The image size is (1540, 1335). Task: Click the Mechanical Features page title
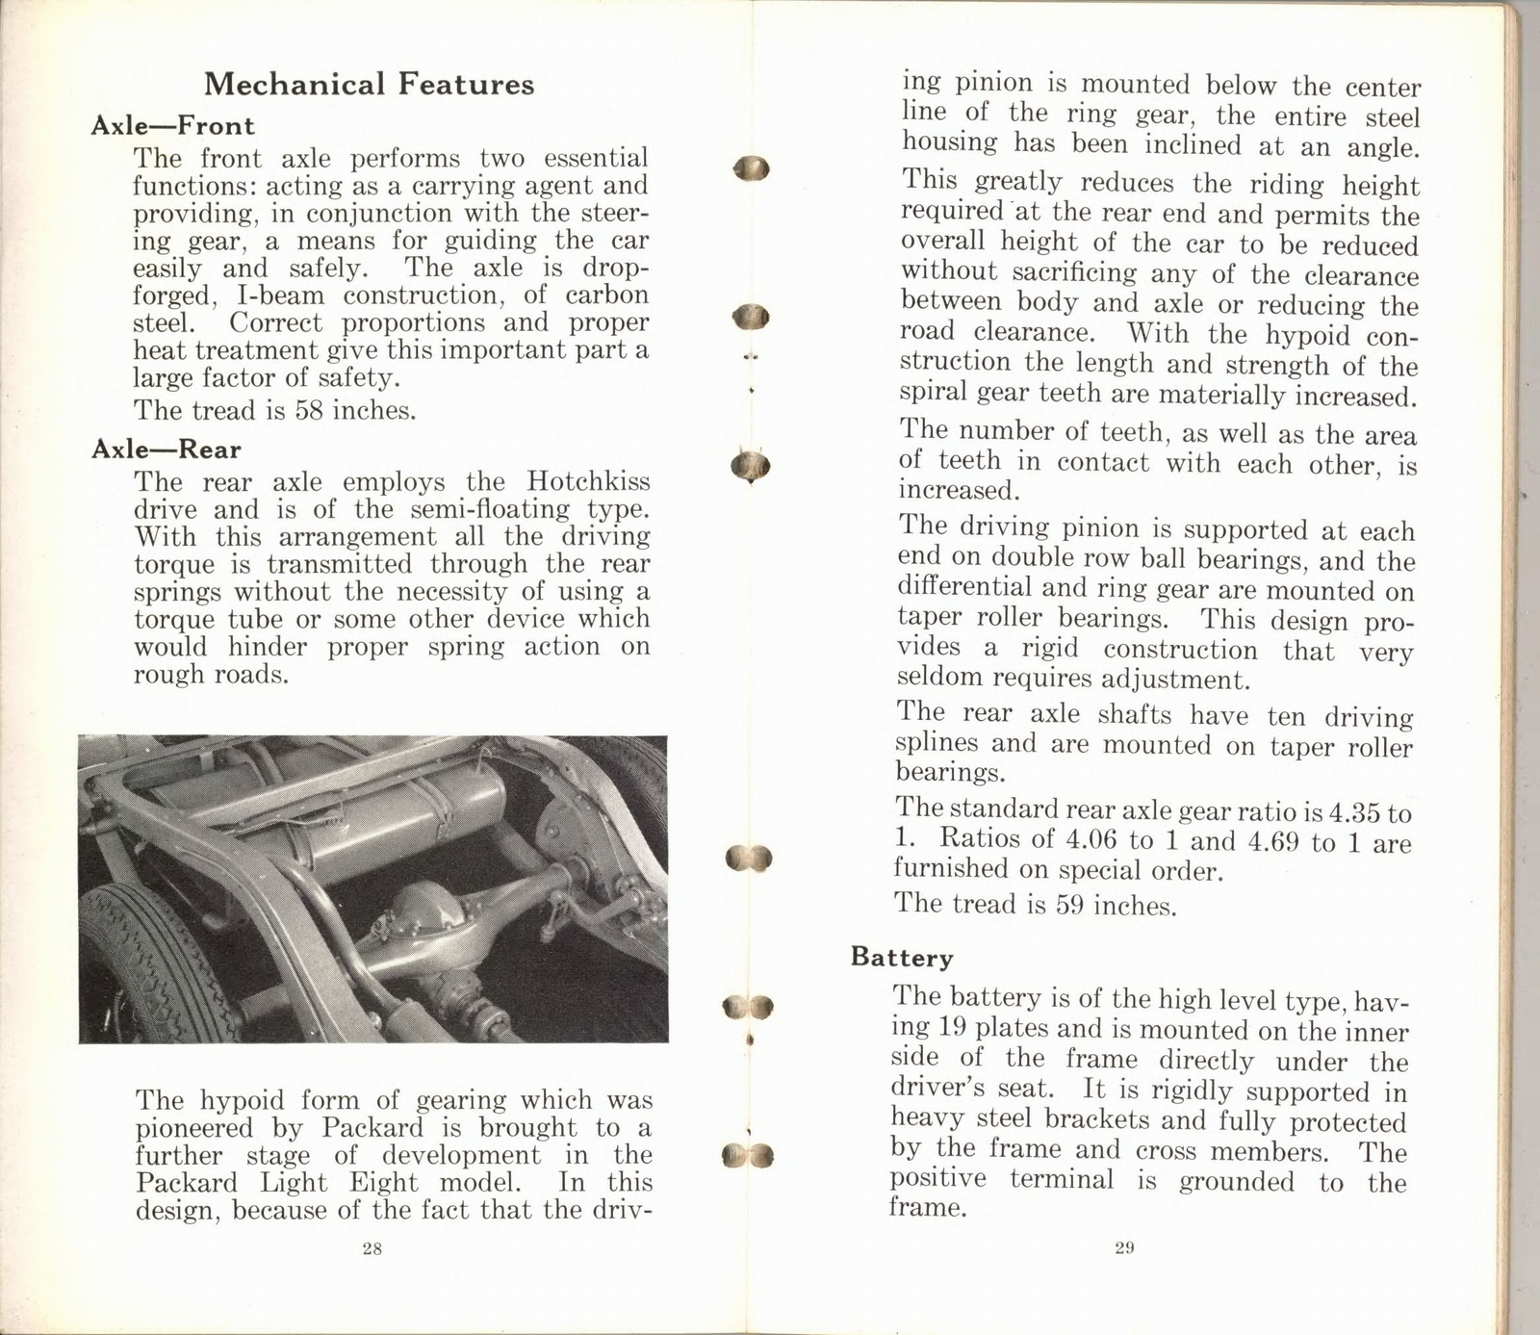[369, 85]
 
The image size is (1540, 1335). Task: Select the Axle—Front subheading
[172, 126]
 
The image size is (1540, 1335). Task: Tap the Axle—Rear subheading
[166, 449]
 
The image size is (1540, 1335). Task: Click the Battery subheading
[902, 958]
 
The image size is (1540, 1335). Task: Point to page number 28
[372, 1248]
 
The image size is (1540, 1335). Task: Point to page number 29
[1124, 1248]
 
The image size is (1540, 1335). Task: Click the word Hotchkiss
[587, 481]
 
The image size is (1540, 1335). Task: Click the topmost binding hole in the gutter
[751, 169]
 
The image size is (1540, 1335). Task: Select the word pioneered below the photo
[199, 1128]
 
